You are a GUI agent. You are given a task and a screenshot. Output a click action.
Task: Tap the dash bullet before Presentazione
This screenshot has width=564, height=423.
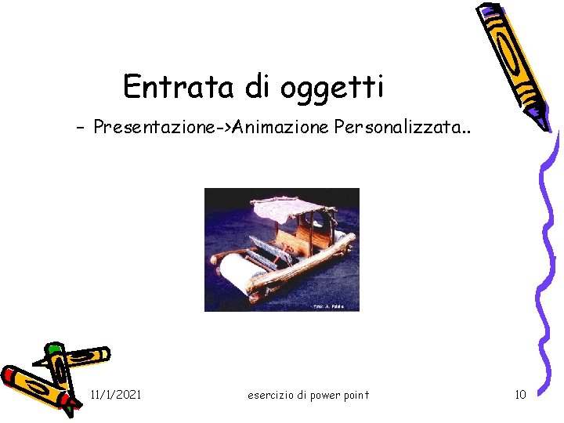[x=81, y=127]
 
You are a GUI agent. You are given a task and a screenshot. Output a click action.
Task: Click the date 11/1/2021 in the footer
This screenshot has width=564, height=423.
[x=116, y=394]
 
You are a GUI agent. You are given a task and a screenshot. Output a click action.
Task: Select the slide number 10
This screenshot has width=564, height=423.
[x=520, y=394]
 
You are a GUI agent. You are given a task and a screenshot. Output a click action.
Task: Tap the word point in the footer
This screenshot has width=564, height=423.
[x=355, y=395]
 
